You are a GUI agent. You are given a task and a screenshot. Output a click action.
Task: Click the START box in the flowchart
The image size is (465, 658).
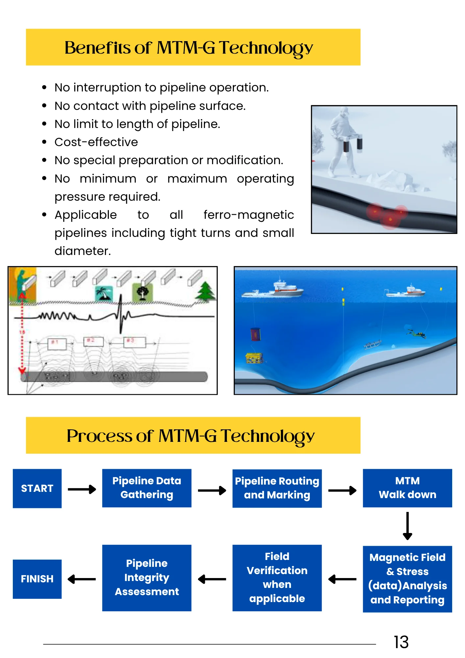(x=37, y=488)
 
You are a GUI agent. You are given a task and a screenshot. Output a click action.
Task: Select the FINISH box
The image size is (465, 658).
(x=37, y=579)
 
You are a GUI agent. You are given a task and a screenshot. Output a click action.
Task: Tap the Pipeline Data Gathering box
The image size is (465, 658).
(x=147, y=488)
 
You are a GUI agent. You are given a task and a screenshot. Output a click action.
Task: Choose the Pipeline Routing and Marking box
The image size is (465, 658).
(x=277, y=488)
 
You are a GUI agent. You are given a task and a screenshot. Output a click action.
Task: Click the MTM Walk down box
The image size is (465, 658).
(x=407, y=488)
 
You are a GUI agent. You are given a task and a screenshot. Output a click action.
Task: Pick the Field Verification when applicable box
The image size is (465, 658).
(x=277, y=578)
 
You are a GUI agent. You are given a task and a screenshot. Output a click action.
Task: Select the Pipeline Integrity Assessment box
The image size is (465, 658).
(x=147, y=578)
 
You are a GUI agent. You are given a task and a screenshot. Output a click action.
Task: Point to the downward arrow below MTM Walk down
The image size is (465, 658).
(x=407, y=526)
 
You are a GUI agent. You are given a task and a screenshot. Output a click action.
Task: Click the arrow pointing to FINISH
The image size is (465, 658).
(x=82, y=579)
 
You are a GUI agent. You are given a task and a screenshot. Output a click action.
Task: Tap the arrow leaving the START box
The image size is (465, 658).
(x=82, y=489)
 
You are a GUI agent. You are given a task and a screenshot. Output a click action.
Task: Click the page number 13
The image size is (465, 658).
(x=401, y=642)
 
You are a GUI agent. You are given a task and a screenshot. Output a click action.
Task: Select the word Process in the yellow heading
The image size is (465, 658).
(x=99, y=436)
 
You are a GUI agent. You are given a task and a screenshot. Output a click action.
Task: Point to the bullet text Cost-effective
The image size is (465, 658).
(x=96, y=142)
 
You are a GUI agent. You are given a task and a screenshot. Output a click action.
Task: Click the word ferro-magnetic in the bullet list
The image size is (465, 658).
(x=249, y=215)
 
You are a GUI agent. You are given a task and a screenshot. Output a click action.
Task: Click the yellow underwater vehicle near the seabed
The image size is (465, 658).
(x=254, y=358)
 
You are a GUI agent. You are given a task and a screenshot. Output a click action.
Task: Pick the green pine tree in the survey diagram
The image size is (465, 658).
(x=205, y=291)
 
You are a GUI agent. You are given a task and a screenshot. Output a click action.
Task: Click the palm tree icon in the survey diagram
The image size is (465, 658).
(x=104, y=293)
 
